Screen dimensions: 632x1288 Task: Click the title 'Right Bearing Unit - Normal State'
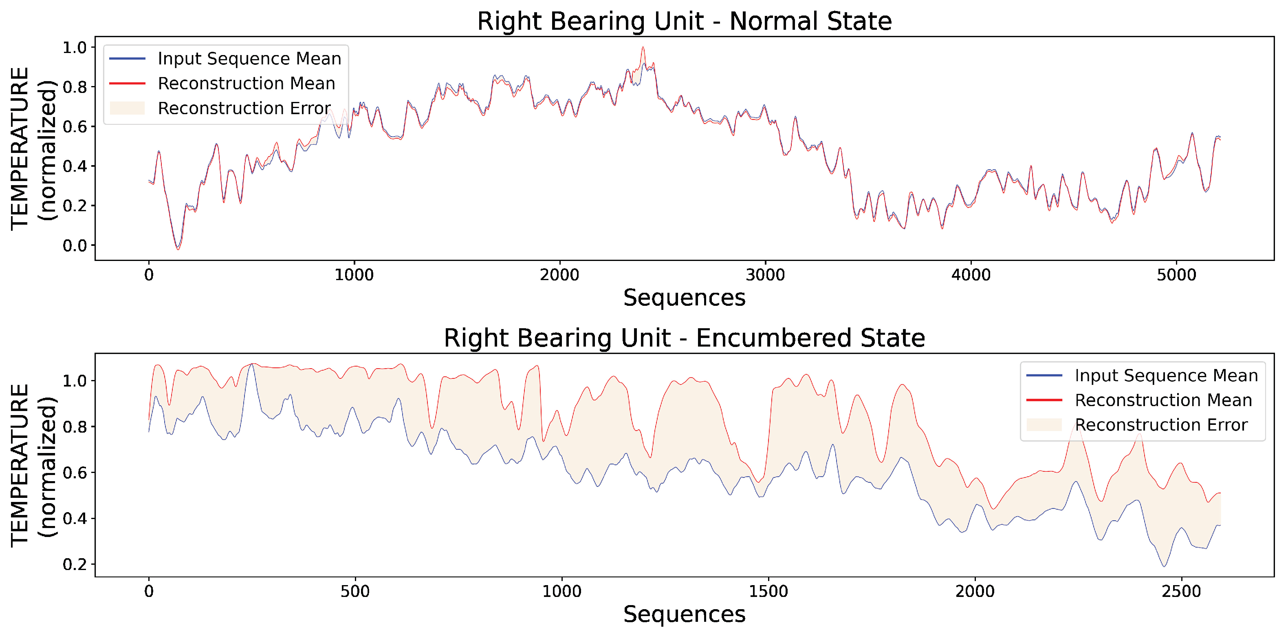[x=684, y=21]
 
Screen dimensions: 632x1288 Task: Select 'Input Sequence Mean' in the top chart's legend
[x=249, y=59]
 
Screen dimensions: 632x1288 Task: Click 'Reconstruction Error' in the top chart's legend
[x=244, y=108]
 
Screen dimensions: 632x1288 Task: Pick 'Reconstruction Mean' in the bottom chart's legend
[x=1163, y=400]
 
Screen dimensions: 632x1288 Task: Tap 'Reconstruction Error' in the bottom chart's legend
[x=1161, y=425]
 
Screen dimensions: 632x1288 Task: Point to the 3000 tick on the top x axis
[x=765, y=275]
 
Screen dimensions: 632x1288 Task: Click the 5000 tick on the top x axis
[x=1176, y=275]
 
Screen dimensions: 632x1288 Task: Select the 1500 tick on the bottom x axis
[x=768, y=592]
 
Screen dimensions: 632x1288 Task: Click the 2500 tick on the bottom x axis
[x=1181, y=592]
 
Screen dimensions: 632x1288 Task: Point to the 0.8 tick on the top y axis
[x=75, y=87]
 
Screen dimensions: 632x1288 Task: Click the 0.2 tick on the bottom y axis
[x=75, y=564]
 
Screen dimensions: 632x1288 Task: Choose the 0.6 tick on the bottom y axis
[x=75, y=473]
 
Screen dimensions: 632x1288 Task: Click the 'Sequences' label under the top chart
[x=684, y=298]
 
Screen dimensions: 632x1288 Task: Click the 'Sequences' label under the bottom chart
[x=684, y=614]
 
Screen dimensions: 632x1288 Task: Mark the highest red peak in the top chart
[x=643, y=48]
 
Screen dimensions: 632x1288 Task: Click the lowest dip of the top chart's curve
[x=178, y=249]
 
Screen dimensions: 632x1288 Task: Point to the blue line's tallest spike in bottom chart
[x=251, y=365]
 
